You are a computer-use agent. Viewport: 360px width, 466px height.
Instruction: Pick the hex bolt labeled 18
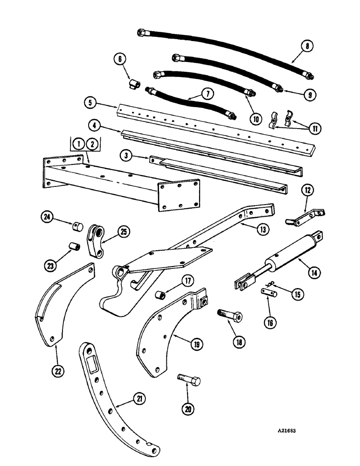[x=230, y=317]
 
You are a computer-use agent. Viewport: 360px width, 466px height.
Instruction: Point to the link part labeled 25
[x=97, y=240]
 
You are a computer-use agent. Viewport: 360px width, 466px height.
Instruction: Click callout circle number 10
[x=255, y=119]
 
